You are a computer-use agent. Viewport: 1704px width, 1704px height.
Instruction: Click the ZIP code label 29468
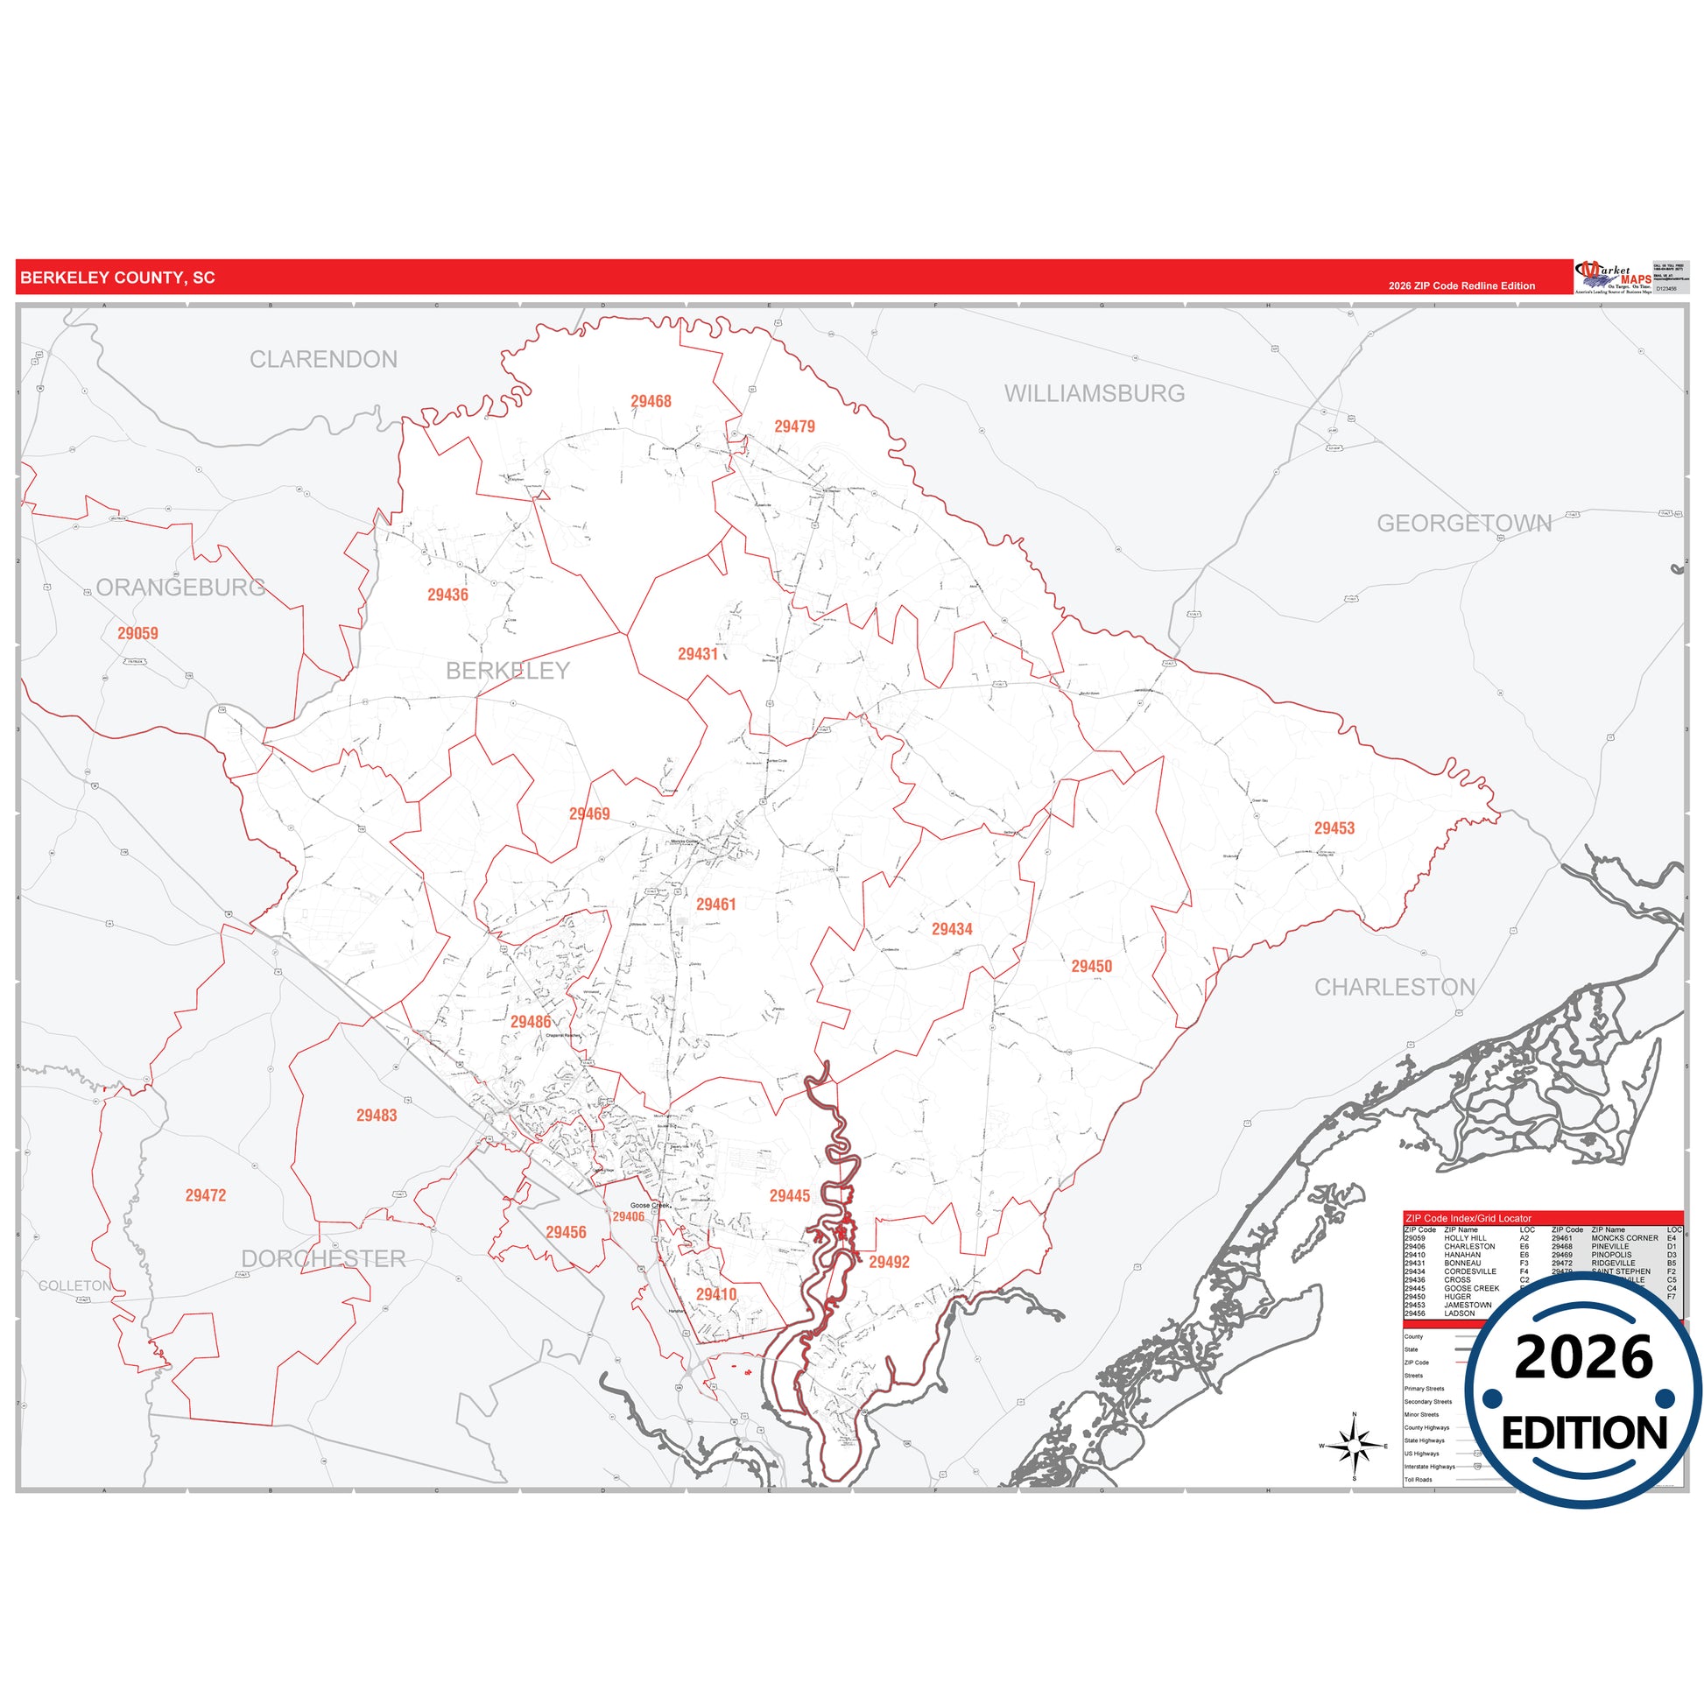point(651,401)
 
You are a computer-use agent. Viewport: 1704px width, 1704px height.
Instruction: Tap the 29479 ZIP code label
point(794,426)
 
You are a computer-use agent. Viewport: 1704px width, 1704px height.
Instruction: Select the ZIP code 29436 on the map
point(447,595)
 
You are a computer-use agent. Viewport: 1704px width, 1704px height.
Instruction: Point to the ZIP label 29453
point(1334,828)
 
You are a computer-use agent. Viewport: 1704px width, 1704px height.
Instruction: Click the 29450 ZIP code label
point(1091,966)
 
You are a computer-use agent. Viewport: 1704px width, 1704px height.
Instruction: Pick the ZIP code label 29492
point(888,1262)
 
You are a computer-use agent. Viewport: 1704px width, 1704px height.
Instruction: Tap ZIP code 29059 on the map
point(137,633)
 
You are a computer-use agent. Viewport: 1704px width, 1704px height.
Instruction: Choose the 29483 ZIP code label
point(377,1116)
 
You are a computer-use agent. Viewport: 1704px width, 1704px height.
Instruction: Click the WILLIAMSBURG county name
point(1094,393)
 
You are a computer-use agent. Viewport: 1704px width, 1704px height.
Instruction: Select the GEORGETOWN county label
point(1464,523)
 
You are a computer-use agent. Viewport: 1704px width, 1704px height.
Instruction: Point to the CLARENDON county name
point(323,359)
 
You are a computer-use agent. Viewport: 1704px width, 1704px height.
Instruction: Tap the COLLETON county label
point(75,1286)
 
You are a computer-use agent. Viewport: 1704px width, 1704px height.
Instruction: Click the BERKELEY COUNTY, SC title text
point(117,278)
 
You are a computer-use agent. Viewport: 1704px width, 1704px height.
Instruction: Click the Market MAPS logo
point(1613,277)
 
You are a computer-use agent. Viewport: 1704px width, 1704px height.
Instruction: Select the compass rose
point(1355,1447)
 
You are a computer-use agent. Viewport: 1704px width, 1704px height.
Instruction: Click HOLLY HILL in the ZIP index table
point(1465,1238)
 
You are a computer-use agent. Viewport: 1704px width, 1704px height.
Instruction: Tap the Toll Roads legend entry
point(1419,1480)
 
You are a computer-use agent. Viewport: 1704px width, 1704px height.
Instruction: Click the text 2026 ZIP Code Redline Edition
point(1461,285)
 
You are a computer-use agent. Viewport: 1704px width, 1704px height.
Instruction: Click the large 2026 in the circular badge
point(1584,1358)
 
